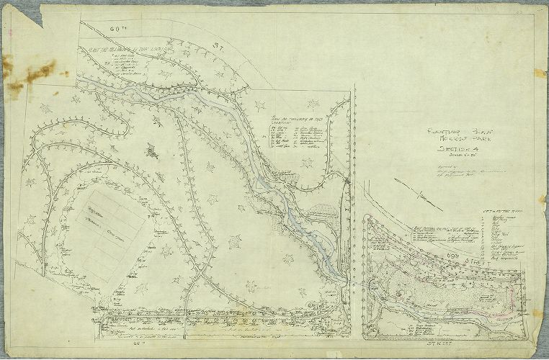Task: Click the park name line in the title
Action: pyautogui.click(x=453, y=140)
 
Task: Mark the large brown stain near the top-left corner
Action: pyautogui.click(x=32, y=71)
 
